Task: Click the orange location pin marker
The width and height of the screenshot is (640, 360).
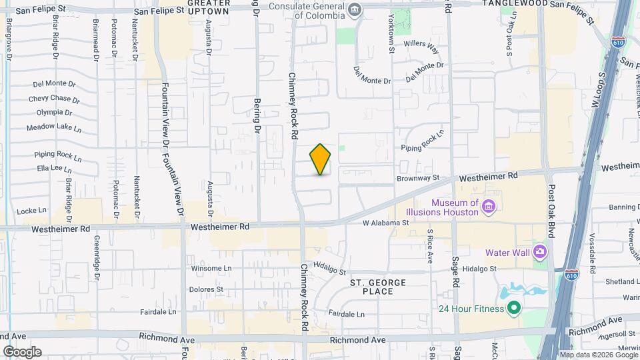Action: pyautogui.click(x=321, y=159)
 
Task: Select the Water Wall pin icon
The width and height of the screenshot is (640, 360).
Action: pyautogui.click(x=539, y=253)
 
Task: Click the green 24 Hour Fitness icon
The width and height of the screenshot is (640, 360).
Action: pyautogui.click(x=513, y=308)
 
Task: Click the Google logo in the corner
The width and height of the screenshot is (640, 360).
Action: pyautogui.click(x=22, y=352)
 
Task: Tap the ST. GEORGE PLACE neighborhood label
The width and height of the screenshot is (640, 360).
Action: pyautogui.click(x=379, y=287)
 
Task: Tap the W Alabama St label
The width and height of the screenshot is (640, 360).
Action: pyautogui.click(x=385, y=223)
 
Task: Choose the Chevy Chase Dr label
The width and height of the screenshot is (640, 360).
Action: pyautogui.click(x=54, y=99)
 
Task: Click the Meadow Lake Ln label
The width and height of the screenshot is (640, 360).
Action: pyautogui.click(x=53, y=127)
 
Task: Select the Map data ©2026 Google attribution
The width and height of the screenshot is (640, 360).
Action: pyautogui.click(x=598, y=355)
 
